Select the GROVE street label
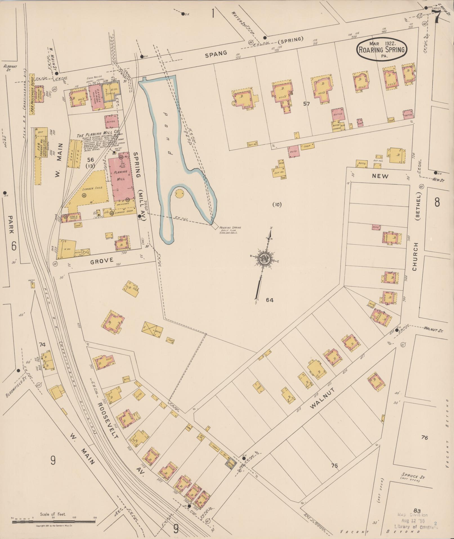point(102,260)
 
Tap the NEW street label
point(380,176)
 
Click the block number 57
point(306,104)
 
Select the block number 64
point(270,300)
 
